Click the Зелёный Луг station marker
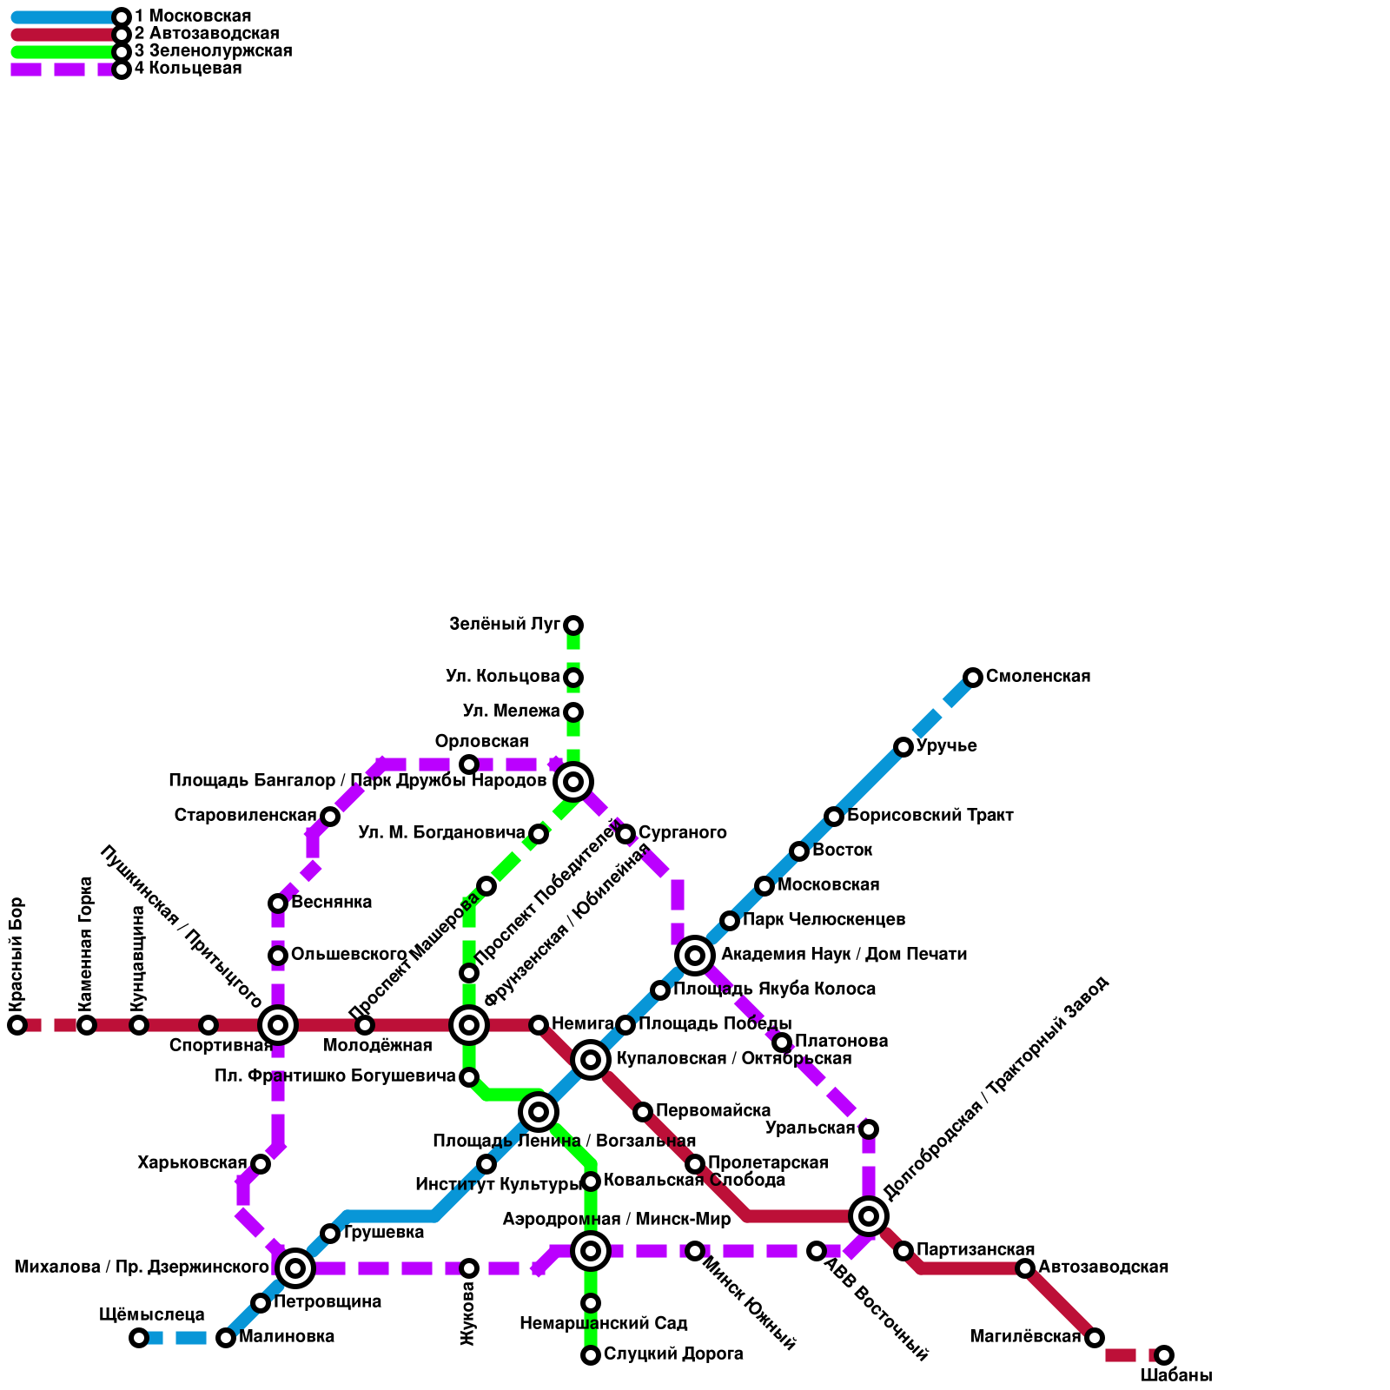click(x=573, y=625)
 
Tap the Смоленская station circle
click(x=973, y=678)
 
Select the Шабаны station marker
click(x=1164, y=1355)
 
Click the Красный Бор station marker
click(x=17, y=1025)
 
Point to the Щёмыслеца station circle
click(x=139, y=1338)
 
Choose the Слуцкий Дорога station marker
click(x=591, y=1355)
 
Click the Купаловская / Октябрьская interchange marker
click(x=591, y=1060)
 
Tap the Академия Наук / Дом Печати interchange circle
click(x=695, y=956)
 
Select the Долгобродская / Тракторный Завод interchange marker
click(x=869, y=1216)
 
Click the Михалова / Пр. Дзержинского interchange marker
click(x=295, y=1268)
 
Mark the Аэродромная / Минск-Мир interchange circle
click(x=591, y=1251)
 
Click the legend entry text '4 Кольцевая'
click(x=188, y=69)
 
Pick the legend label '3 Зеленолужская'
click(x=213, y=51)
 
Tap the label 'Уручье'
click(x=947, y=746)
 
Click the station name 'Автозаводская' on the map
click(x=1103, y=1268)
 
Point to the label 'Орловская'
click(x=481, y=742)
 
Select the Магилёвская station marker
click(x=1095, y=1338)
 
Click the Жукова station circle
click(x=469, y=1268)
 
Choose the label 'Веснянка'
click(x=331, y=903)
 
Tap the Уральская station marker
click(x=869, y=1129)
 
